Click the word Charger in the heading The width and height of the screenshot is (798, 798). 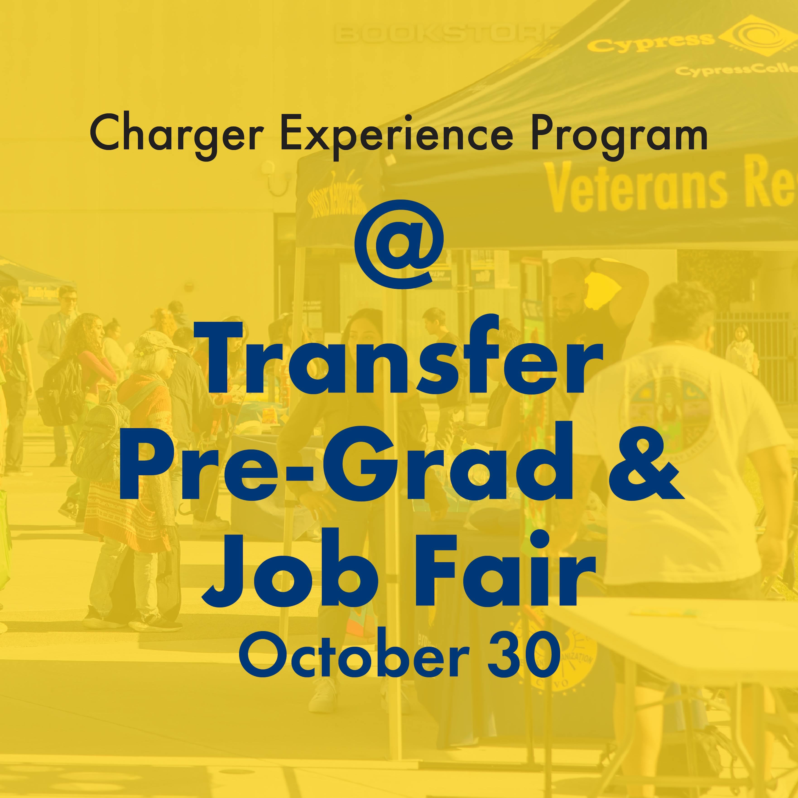pyautogui.click(x=177, y=134)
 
